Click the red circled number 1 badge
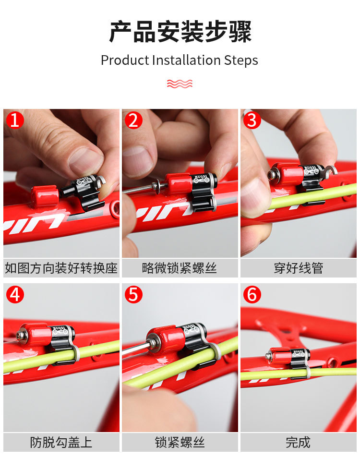(15, 120)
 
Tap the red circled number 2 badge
(133, 120)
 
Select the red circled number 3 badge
(252, 120)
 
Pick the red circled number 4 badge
(15, 294)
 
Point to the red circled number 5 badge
(133, 294)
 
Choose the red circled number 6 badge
(252, 294)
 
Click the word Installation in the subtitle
(186, 60)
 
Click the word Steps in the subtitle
(241, 61)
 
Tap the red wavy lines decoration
(180, 84)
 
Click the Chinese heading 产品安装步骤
(180, 32)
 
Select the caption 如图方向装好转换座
(61, 268)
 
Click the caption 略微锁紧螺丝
(179, 268)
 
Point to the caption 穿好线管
(299, 268)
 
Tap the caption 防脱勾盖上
(61, 442)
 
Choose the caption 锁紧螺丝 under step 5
(179, 442)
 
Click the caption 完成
(298, 442)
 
